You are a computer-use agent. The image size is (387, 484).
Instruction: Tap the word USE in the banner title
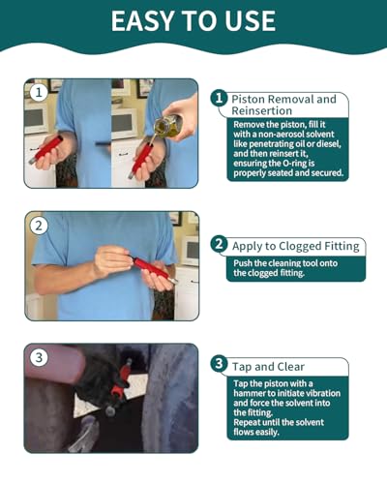(x=250, y=21)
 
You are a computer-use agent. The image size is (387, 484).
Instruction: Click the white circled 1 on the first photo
(x=39, y=93)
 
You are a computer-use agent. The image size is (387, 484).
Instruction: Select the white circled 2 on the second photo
(x=39, y=226)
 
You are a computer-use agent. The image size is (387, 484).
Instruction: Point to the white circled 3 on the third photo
(x=39, y=357)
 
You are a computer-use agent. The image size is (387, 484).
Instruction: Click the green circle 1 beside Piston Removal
(x=219, y=98)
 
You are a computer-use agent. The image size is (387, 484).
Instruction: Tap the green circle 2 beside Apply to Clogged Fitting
(x=219, y=244)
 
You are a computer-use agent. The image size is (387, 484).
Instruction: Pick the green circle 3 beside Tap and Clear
(x=219, y=364)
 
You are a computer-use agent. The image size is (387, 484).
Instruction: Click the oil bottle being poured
(x=169, y=126)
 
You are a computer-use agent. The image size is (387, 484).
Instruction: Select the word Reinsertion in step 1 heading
(x=262, y=110)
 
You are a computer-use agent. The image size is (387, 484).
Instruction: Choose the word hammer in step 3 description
(x=248, y=393)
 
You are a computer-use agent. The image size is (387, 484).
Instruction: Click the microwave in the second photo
(x=190, y=251)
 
